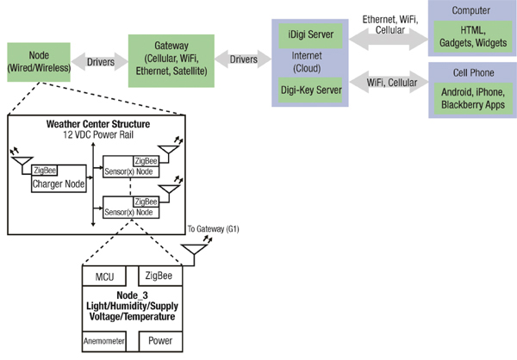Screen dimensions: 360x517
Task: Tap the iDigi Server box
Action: click(310, 36)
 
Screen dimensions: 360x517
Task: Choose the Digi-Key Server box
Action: click(310, 89)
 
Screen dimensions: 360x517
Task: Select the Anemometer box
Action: click(104, 340)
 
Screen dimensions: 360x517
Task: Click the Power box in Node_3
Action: click(159, 340)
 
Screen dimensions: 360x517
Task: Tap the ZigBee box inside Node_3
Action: click(159, 276)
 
